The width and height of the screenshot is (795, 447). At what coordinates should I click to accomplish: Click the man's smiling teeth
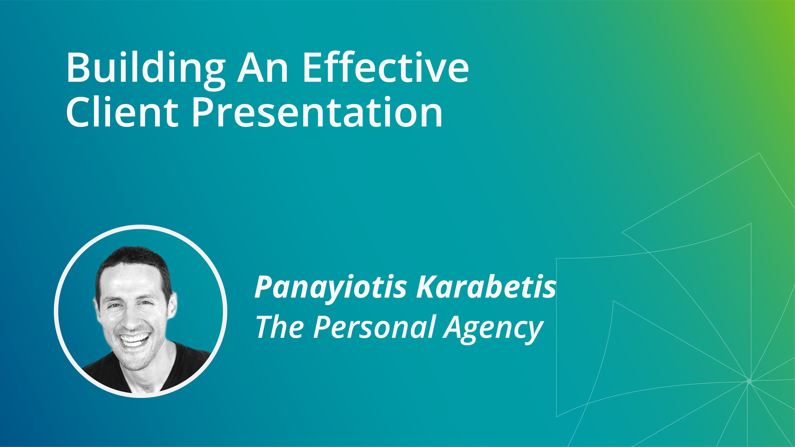[135, 340]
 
